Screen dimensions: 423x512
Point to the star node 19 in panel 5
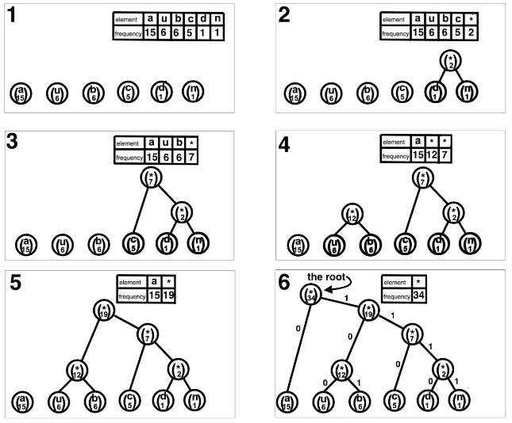[x=104, y=311]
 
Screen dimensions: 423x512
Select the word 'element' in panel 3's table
[x=127, y=143]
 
